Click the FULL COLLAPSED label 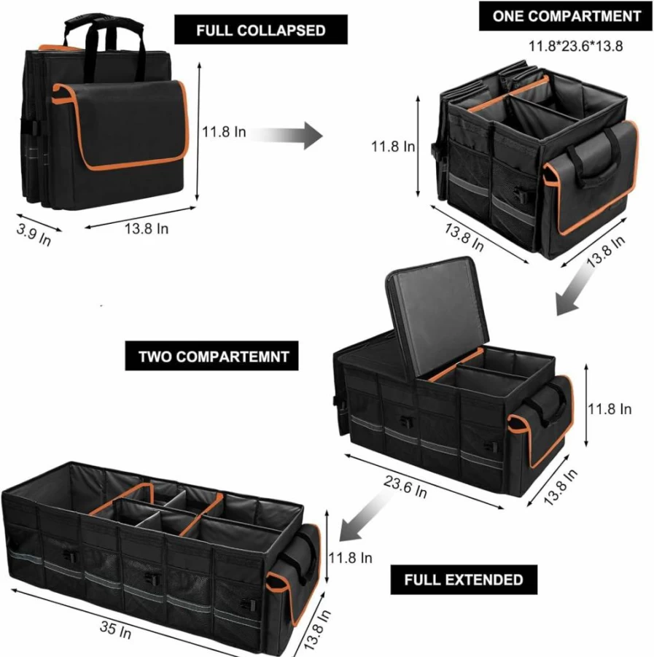click(x=260, y=30)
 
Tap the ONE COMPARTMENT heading click(x=567, y=16)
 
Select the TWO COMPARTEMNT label click(x=214, y=357)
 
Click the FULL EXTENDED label click(x=464, y=580)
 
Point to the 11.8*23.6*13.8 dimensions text click(x=575, y=46)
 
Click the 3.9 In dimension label click(x=34, y=235)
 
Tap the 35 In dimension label click(x=115, y=630)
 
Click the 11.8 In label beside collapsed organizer click(x=224, y=132)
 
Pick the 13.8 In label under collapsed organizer click(x=147, y=229)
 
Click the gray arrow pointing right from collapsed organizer click(x=287, y=136)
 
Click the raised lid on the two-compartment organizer click(x=437, y=319)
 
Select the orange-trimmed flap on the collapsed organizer click(x=121, y=125)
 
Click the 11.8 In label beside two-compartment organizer click(x=610, y=409)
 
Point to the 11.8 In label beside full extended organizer click(x=350, y=558)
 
